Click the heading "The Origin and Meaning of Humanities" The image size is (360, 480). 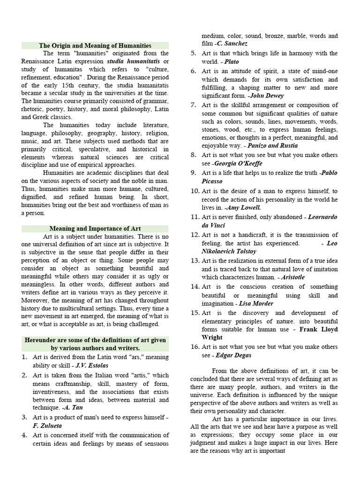tap(95, 45)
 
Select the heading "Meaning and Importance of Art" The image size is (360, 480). tap(95, 228)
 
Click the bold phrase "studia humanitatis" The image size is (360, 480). tap(133, 61)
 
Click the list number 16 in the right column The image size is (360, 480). tap(195, 346)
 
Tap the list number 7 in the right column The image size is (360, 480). tap(193, 104)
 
